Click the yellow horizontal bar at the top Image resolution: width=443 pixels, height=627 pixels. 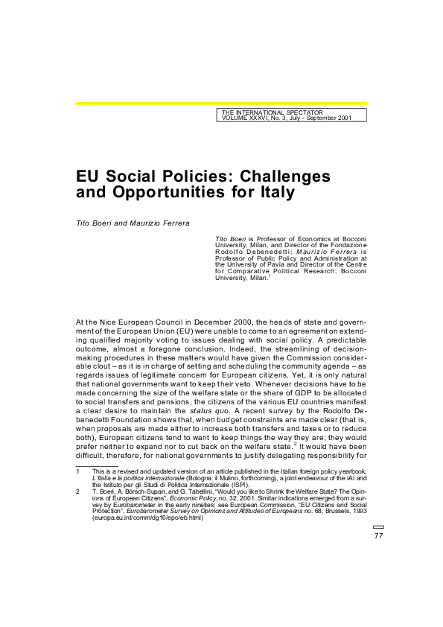click(x=221, y=104)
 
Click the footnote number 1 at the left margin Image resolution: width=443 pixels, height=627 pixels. click(x=78, y=471)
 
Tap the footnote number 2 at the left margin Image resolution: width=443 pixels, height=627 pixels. click(x=78, y=491)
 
